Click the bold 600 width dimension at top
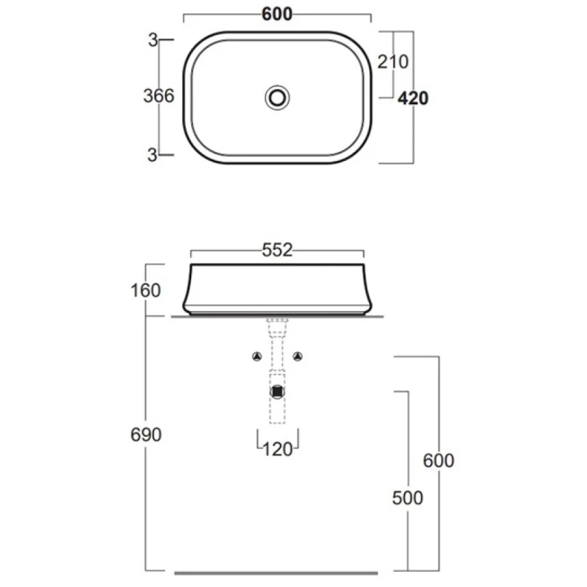[277, 14]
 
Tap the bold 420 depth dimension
[413, 98]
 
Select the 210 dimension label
[392, 62]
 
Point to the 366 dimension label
[158, 96]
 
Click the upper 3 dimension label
[153, 40]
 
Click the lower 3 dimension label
[152, 155]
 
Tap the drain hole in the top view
[278, 98]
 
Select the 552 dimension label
[277, 250]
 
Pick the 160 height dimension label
[146, 290]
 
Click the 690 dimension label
[146, 434]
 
